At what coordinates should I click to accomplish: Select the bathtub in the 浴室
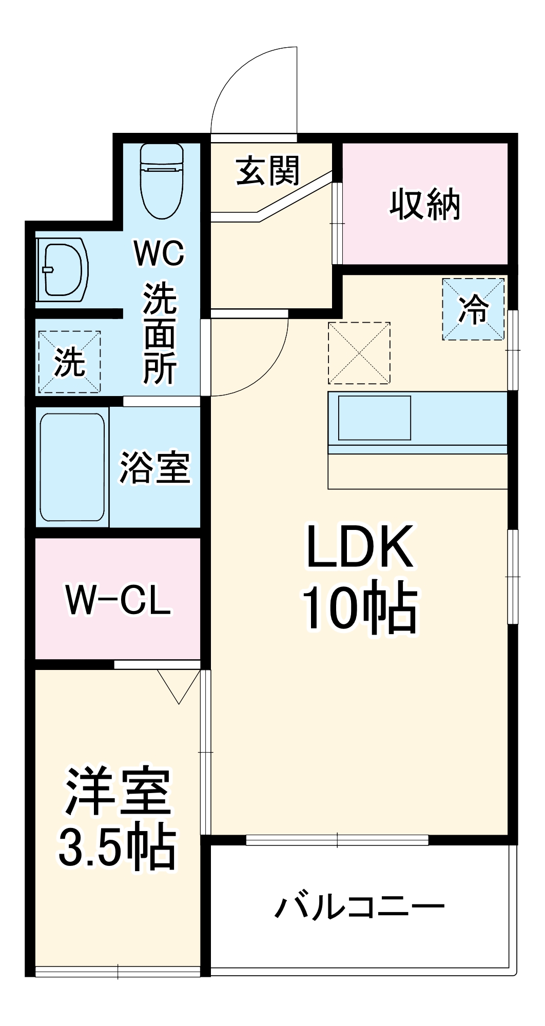72,467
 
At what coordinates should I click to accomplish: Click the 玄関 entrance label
267,171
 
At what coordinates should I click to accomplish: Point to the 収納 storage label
425,205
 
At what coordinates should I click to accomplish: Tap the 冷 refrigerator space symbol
473,309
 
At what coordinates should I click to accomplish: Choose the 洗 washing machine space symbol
69,362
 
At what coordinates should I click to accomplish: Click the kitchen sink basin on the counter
374,418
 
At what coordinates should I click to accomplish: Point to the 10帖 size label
359,608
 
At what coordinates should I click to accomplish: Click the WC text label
159,253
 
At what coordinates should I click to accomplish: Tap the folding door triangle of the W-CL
179,685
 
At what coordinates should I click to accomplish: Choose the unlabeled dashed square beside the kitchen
359,353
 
